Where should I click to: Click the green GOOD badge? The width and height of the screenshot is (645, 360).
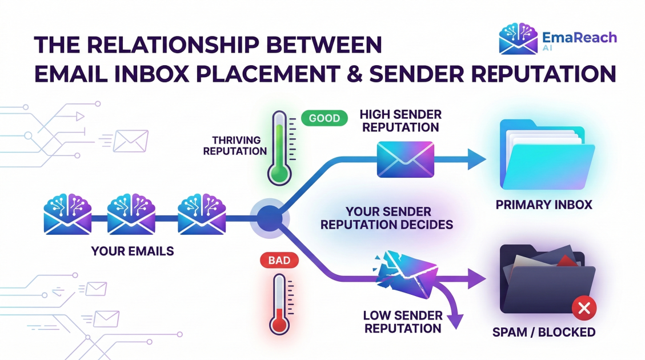(x=324, y=119)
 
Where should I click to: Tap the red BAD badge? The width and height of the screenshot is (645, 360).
(x=279, y=261)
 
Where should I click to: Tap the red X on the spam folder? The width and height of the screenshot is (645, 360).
(x=583, y=309)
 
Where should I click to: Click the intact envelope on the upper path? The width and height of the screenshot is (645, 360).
(x=405, y=159)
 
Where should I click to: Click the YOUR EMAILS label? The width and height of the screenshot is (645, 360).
(x=133, y=251)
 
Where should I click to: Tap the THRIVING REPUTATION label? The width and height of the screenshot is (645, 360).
(x=235, y=146)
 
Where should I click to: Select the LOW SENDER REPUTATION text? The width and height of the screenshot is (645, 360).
(x=403, y=322)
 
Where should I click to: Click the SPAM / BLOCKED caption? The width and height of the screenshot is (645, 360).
(x=543, y=332)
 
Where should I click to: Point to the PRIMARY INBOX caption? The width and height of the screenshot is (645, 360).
(x=544, y=204)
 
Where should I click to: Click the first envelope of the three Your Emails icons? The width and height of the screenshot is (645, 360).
(x=67, y=215)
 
